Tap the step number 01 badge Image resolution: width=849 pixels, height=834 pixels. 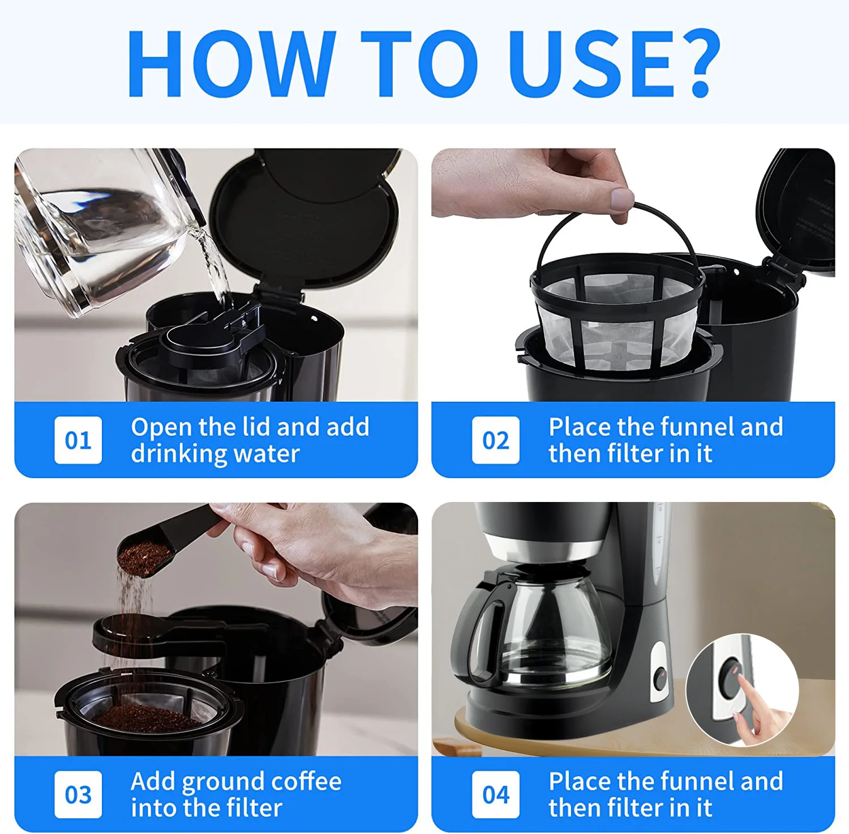[x=78, y=440]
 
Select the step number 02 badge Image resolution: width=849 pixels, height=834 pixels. [x=496, y=440]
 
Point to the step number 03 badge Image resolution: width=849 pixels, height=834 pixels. [x=78, y=794]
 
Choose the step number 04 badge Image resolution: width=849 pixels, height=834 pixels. [x=496, y=794]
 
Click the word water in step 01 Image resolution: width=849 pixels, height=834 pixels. [x=267, y=454]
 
